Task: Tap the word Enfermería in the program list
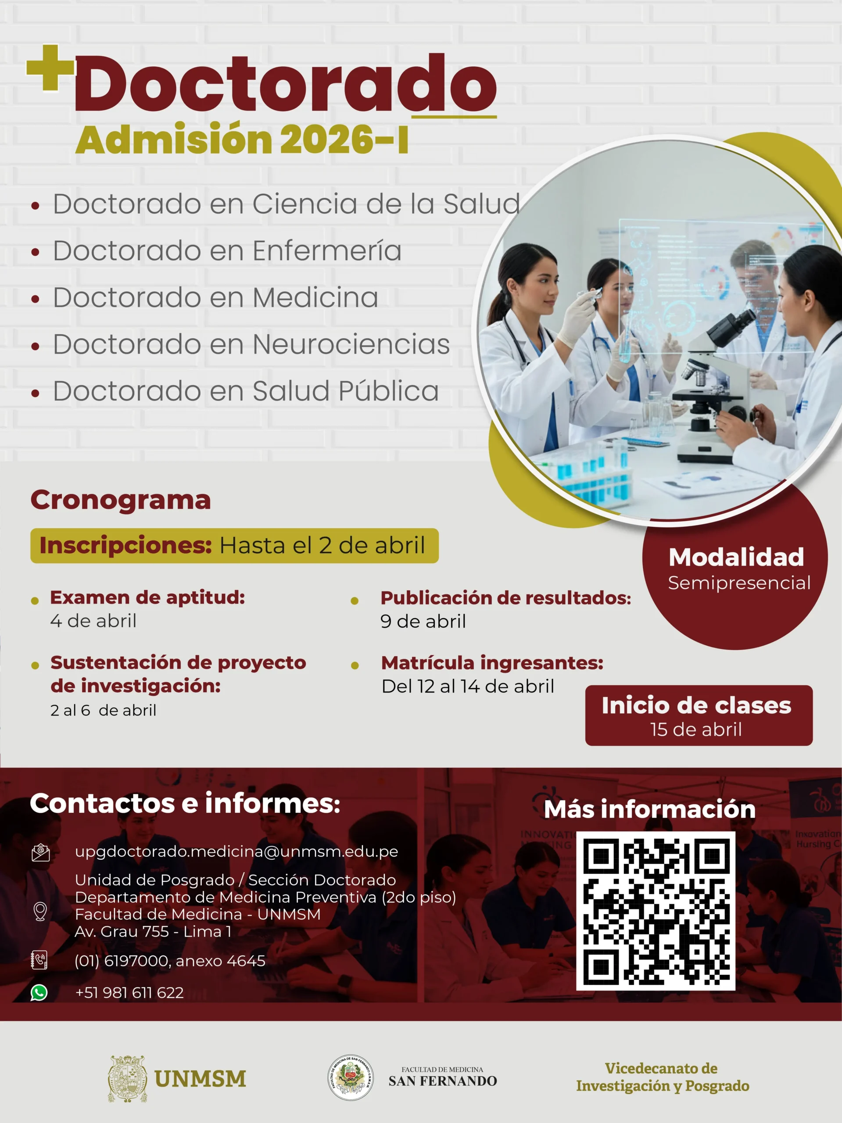[326, 251]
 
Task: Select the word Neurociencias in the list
[351, 344]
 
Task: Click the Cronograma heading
[121, 500]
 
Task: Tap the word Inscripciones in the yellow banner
[125, 545]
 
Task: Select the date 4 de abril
[93, 621]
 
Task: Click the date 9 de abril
[423, 622]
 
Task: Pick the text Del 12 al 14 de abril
[468, 687]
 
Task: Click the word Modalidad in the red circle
[736, 557]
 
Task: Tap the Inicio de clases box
[699, 715]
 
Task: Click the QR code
[656, 911]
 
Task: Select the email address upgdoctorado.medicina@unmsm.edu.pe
[236, 851]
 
